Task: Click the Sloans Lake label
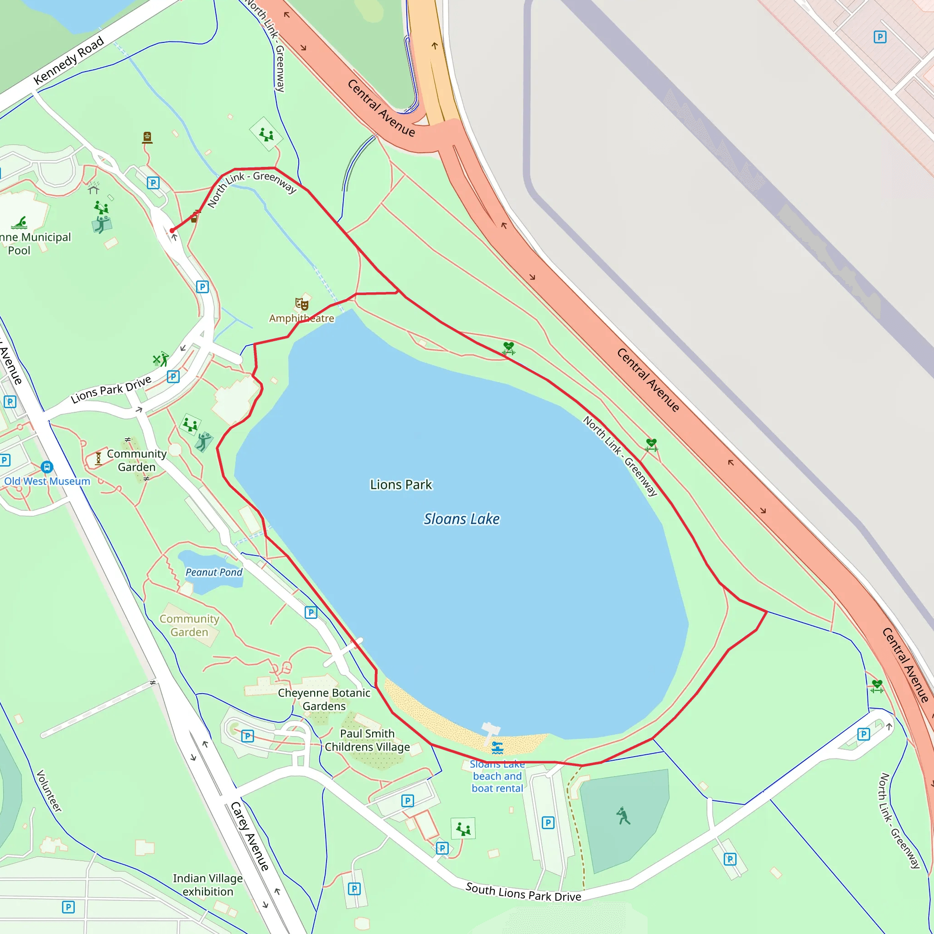(461, 519)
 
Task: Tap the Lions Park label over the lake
(401, 484)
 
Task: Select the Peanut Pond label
(214, 572)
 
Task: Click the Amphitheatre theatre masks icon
(301, 304)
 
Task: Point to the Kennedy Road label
(69, 61)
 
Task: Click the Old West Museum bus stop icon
(47, 467)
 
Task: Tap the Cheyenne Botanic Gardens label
(324, 699)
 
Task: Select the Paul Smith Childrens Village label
(367, 740)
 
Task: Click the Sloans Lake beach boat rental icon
(498, 748)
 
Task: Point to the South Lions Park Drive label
(523, 892)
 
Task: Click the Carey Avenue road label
(249, 836)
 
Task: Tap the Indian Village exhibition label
(208, 885)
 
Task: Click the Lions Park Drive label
(111, 389)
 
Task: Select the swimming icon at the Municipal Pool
(19, 223)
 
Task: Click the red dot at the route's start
(172, 231)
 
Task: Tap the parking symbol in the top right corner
(880, 37)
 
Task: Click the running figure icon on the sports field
(623, 816)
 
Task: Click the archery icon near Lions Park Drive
(161, 359)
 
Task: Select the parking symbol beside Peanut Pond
(311, 612)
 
